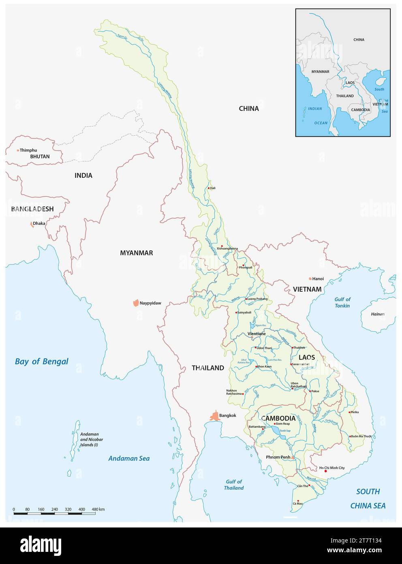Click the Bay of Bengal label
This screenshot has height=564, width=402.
[x=41, y=361]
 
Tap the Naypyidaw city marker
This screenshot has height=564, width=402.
[x=135, y=303]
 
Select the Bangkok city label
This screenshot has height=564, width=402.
[x=227, y=415]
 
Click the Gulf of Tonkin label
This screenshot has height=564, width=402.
[x=342, y=302]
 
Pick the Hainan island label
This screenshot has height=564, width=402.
[x=378, y=314]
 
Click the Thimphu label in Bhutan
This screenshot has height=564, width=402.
[x=28, y=150]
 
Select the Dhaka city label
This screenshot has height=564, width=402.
[x=39, y=223]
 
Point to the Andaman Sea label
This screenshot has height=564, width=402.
[x=129, y=459]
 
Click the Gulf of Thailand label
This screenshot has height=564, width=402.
[x=234, y=484]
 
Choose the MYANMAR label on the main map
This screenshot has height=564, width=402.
[x=137, y=253]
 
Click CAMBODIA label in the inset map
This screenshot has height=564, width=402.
[x=360, y=110]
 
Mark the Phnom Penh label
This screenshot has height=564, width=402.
[x=278, y=457]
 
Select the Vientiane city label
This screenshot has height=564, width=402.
[x=257, y=334]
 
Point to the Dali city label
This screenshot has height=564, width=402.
[x=213, y=188]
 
